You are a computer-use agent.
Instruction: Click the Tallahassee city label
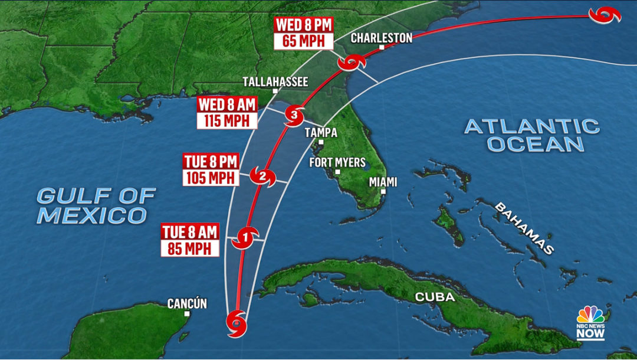[276, 81]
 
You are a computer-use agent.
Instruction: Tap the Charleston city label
[382, 38]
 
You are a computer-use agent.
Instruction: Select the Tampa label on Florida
[321, 132]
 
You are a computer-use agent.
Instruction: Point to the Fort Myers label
[337, 162]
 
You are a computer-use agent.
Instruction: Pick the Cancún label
[187, 304]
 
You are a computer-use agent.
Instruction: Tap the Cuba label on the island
[435, 297]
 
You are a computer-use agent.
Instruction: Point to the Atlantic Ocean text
[531, 135]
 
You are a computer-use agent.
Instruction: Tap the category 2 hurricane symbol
[263, 176]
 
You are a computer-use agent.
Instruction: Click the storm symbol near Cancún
[237, 324]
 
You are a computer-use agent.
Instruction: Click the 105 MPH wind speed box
[211, 178]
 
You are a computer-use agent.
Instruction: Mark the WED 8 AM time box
[228, 105]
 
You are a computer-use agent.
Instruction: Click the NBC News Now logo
[590, 322]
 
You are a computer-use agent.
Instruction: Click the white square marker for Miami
[383, 191]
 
